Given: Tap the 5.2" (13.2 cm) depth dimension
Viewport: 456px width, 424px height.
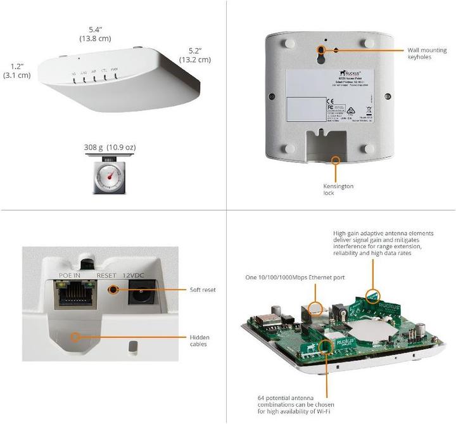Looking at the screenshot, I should click(195, 55).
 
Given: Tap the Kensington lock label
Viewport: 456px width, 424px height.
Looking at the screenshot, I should click(338, 190).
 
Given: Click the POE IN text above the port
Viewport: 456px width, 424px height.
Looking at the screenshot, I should click(70, 276).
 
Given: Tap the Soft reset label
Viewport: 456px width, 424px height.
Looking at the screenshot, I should click(203, 290).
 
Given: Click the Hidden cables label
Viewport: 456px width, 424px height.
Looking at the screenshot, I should click(199, 341).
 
